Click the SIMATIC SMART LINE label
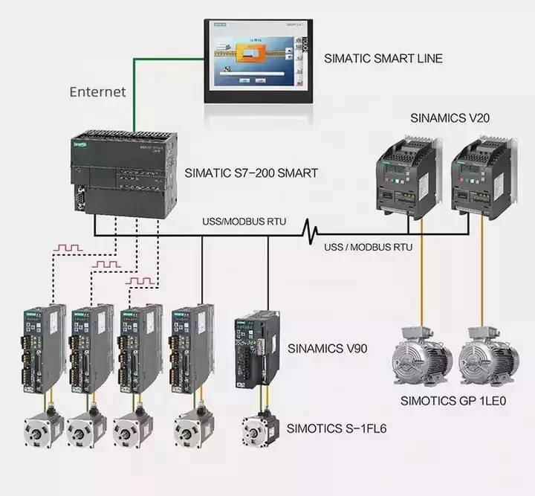[x=383, y=57]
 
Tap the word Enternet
[x=97, y=92]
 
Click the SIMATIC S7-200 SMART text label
[x=251, y=173]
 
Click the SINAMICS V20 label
[x=450, y=118]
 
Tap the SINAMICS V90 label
[x=327, y=347]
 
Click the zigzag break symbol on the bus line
[x=310, y=235]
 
